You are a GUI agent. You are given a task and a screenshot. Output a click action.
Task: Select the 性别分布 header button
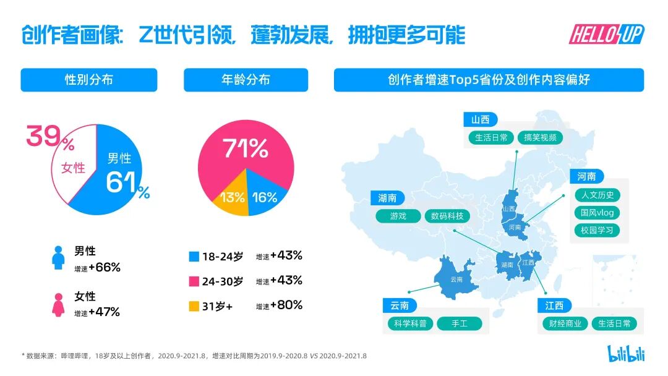tap(89, 80)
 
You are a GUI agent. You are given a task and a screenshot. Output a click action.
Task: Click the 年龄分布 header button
tap(246, 80)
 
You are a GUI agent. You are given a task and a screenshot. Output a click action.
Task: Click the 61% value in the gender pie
tap(127, 184)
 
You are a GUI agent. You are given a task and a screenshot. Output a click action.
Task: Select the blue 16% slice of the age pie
tap(264, 197)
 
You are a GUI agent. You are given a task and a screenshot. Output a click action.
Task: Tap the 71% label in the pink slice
tap(245, 149)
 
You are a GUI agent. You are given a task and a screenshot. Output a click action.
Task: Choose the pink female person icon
tap(58, 304)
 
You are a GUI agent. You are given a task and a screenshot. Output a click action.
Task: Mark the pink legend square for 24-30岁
tap(194, 281)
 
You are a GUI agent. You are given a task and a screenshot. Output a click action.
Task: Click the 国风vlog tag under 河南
tap(597, 213)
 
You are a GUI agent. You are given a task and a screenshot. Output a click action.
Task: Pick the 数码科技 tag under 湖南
tap(447, 216)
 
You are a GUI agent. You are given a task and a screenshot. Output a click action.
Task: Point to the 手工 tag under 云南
tap(459, 323)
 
